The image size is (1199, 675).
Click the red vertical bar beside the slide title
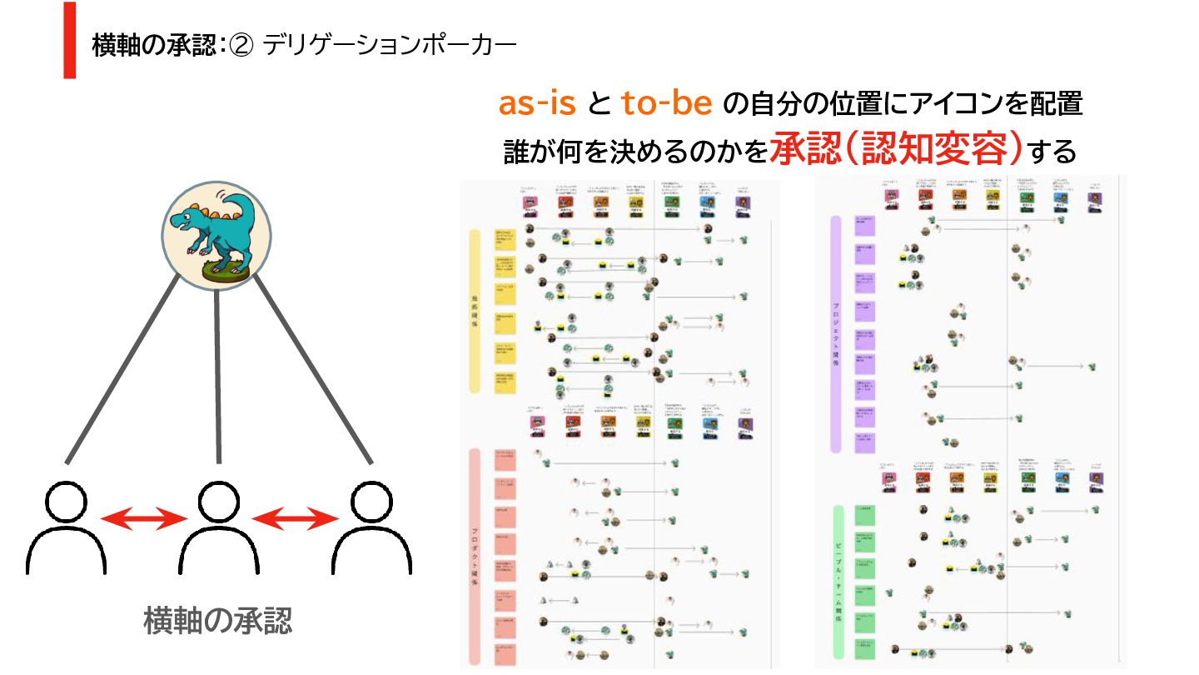tap(70, 40)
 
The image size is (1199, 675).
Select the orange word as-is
tap(537, 103)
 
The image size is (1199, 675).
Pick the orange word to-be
tap(666, 103)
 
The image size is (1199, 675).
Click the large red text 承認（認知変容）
tap(895, 149)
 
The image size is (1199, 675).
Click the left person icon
tap(66, 528)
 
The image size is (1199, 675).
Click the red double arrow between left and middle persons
tap(142, 519)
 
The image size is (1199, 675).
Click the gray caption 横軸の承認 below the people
tap(218, 621)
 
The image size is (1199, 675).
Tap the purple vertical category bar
tap(836, 333)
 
